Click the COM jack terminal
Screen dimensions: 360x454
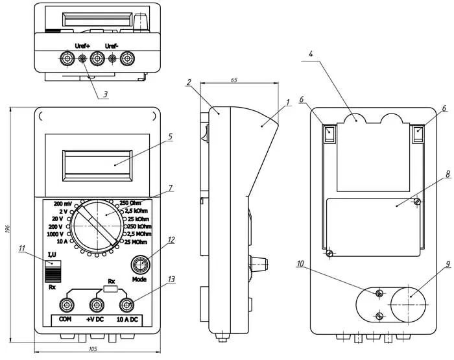click(66, 305)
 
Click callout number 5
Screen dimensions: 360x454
click(169, 137)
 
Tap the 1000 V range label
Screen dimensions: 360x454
click(55, 234)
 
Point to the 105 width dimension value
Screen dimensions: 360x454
click(92, 350)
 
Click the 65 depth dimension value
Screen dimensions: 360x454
click(234, 80)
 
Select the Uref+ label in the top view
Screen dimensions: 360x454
click(83, 46)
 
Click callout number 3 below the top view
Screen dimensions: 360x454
click(104, 95)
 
